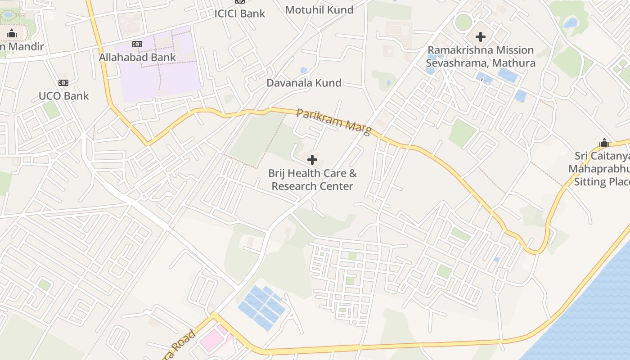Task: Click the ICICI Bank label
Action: point(239,13)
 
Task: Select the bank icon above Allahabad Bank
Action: point(137,44)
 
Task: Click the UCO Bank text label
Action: point(63,96)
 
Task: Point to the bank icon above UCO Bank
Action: point(63,83)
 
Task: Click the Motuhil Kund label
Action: point(319,10)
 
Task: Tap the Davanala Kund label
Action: point(304,83)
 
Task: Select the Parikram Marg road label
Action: point(334,121)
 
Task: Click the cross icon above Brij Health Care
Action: point(312,159)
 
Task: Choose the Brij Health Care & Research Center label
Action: point(312,180)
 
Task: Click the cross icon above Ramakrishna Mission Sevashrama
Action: point(481,36)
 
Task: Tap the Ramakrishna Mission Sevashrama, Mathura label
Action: point(481,56)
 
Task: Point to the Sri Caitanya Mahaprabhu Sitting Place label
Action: point(601,169)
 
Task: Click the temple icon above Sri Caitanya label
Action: point(604,143)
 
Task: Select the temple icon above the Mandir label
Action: point(12,33)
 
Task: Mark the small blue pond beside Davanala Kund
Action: point(304,70)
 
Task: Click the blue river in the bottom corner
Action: point(594,315)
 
